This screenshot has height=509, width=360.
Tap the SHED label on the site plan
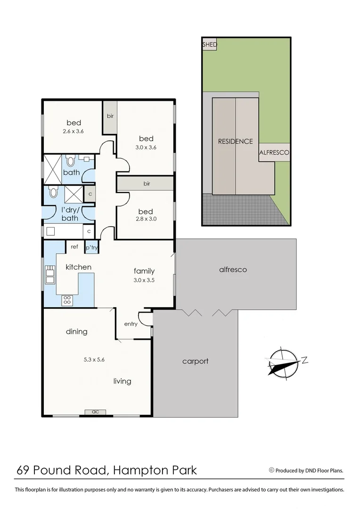[210, 45]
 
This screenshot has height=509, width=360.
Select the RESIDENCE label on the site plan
[235, 141]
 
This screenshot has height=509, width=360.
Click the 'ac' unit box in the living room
[96, 412]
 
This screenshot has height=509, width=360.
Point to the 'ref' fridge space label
[74, 246]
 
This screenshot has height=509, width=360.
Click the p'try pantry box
[90, 247]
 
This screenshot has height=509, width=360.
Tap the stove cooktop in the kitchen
[67, 299]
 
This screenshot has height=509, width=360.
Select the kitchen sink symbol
[49, 274]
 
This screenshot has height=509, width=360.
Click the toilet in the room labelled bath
[71, 162]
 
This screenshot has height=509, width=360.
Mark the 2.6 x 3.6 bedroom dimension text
[73, 131]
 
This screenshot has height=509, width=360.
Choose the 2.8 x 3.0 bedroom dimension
[146, 218]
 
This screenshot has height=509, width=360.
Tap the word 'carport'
[195, 361]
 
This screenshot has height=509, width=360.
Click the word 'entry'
[131, 324]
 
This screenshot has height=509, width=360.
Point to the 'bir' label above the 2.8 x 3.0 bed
[147, 184]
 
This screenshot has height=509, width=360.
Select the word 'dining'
[76, 331]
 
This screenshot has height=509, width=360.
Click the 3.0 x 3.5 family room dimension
[144, 279]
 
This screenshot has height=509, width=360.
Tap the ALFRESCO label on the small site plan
[274, 153]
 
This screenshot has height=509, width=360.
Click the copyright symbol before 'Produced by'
[271, 470]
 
